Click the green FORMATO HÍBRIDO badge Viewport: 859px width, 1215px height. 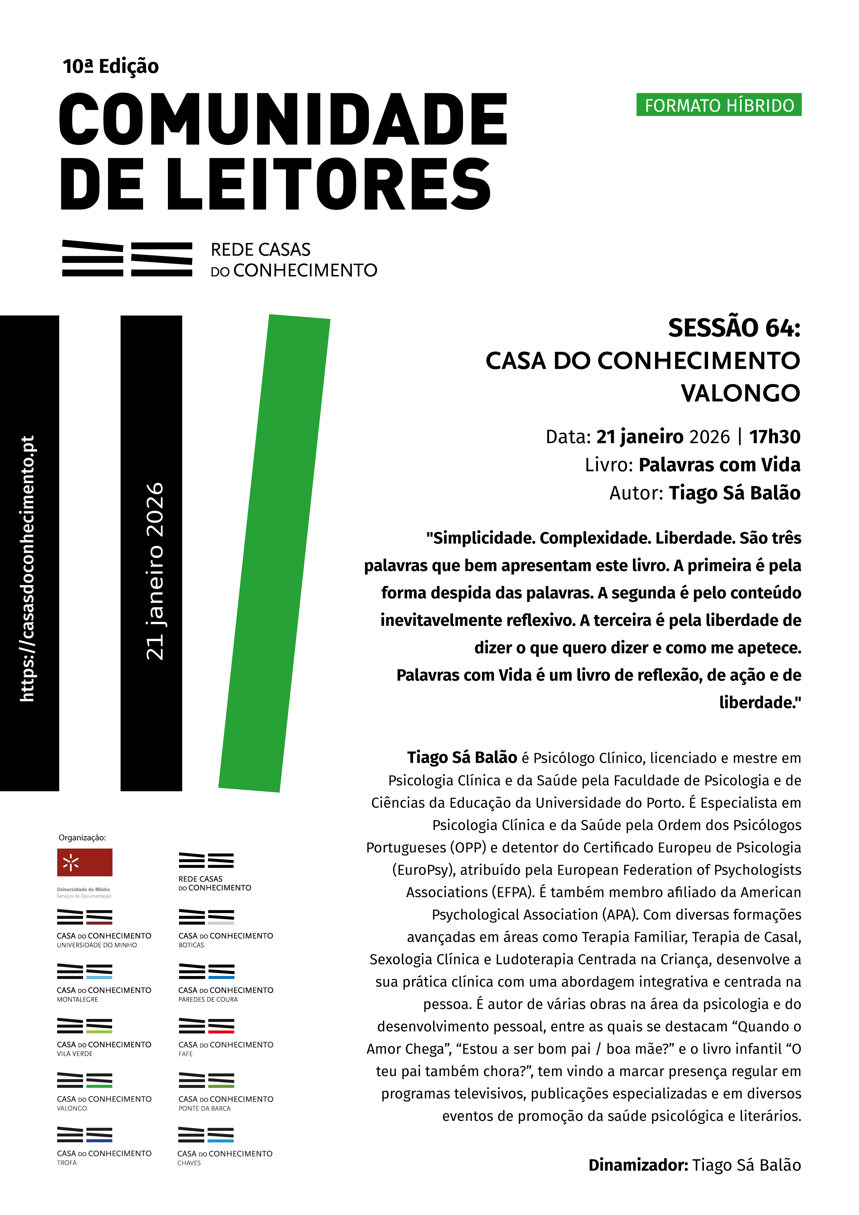718,105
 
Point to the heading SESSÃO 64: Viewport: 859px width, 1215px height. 734,328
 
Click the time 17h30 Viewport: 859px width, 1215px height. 775,436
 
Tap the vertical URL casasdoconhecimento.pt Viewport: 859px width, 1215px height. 27,568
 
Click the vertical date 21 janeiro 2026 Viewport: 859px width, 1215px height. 154,571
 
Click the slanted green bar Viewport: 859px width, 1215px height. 274,553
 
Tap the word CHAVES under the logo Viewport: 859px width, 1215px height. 189,1163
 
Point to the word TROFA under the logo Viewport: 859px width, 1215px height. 66,1163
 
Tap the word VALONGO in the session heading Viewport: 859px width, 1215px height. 740,393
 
